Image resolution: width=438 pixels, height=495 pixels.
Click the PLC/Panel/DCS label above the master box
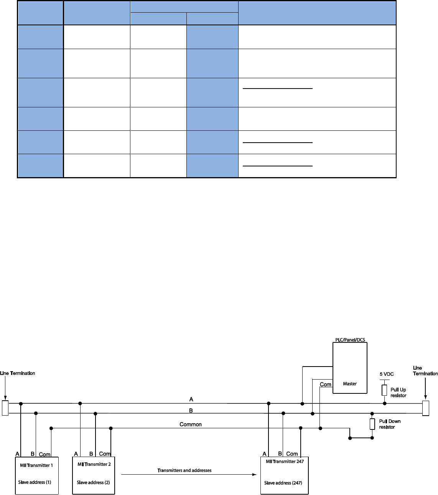pos(349,340)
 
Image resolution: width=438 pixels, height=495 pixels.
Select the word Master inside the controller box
pos(350,383)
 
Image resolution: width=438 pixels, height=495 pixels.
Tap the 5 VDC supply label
pos(387,374)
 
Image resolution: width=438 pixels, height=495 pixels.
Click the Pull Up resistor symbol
pos(384,390)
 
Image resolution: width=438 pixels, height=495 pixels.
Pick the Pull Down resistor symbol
pos(372,424)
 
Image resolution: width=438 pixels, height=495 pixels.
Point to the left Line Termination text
pos(18,373)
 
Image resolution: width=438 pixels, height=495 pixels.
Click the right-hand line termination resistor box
pos(425,408)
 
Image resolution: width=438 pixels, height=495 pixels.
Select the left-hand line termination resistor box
pos(5,408)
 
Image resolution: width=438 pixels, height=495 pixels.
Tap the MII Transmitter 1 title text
pos(36,465)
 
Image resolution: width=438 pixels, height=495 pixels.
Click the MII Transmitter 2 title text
pos(94,464)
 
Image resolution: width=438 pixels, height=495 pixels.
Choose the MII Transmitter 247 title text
pos(285,461)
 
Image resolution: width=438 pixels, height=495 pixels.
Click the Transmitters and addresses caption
pos(184,470)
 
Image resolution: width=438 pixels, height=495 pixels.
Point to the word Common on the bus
pos(191,424)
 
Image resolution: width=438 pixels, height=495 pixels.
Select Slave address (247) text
pos(283,483)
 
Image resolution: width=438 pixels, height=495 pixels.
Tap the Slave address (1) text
pos(35,482)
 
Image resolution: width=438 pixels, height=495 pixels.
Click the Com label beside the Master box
pos(325,384)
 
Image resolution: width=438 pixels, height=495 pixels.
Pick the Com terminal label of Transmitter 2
pos(105,454)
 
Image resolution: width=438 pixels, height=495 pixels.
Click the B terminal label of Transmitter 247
pos(280,454)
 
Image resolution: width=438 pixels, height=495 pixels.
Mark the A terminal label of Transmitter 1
pos(17,454)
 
